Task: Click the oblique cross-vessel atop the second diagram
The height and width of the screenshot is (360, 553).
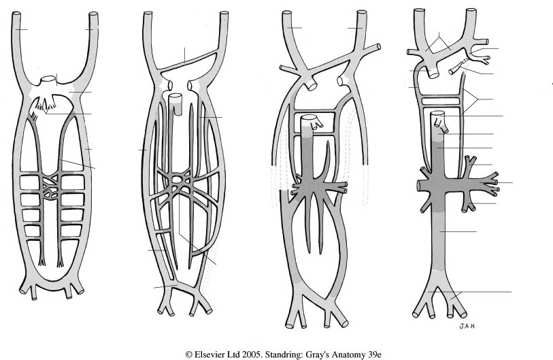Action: [x=185, y=63]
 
